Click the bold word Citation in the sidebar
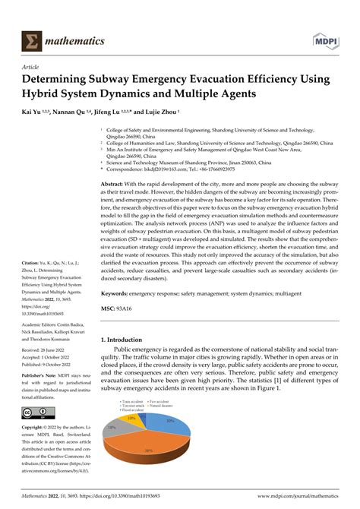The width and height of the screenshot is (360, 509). [34, 264]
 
